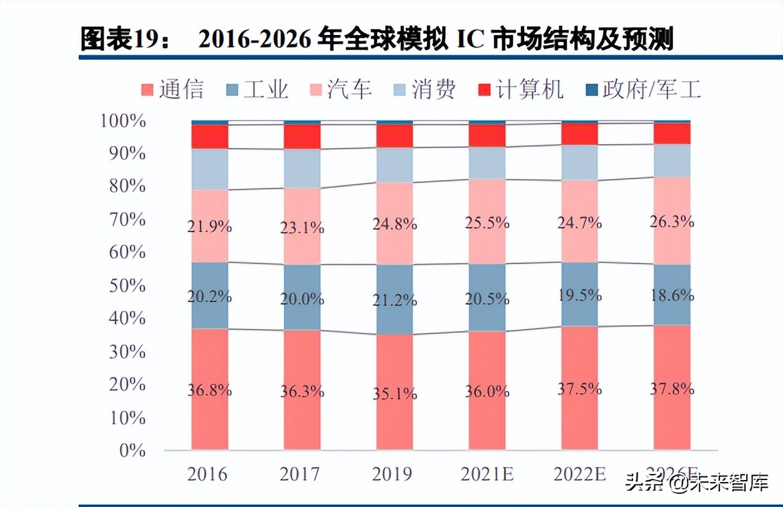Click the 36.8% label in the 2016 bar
pos(210,390)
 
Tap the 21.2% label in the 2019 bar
pos(395,300)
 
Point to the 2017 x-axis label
pos(302,474)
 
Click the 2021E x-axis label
pos(487,474)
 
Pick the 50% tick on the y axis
pos(129,285)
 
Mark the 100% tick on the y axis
pos(124,121)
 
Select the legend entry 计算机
pos(520,89)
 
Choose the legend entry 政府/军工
pos(643,89)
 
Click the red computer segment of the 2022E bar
pos(579,134)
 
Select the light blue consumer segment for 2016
pos(210,169)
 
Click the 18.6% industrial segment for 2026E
pos(672,295)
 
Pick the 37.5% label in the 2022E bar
pos(579,388)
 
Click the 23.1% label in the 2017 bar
pos(302,228)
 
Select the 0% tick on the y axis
pos(132,450)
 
